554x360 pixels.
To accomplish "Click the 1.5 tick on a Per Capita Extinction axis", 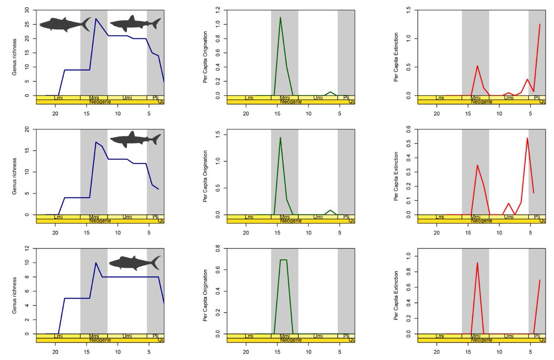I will coord(410,10).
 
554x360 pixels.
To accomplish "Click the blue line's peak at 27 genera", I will coord(96,18).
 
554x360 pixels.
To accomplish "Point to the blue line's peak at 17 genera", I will coord(96,142).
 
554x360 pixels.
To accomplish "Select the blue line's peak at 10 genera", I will coord(96,263).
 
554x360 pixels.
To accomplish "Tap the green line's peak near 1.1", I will coord(280,17).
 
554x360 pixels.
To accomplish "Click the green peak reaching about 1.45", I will coord(280,137).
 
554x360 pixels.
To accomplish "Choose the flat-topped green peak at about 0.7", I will coord(283,260).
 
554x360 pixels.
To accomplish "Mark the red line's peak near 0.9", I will coord(477,263).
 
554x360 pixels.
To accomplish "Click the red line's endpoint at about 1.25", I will coord(540,24).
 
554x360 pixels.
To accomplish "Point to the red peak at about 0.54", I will coord(527,138).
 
